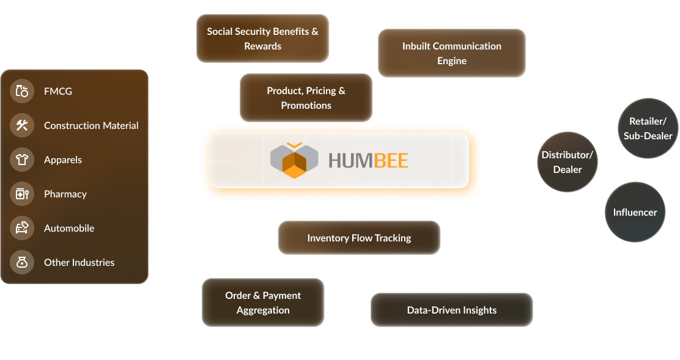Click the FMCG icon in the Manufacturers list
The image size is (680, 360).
22,92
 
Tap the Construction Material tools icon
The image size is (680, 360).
22,126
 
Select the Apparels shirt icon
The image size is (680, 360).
22,160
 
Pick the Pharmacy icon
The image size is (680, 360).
22,194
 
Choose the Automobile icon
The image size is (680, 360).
22,229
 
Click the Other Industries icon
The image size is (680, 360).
22,263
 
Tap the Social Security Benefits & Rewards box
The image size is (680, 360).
263,39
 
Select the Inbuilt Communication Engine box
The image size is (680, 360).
452,53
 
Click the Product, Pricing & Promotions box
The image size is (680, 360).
306,98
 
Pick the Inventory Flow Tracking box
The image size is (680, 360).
359,238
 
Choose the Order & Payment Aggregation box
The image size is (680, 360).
263,303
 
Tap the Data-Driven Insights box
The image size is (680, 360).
452,310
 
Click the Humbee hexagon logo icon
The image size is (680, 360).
295,160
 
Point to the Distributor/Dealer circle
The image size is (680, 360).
567,162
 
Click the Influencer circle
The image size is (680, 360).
635,212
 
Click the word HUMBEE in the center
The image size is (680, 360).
368,161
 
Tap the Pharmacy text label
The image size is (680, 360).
65,194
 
